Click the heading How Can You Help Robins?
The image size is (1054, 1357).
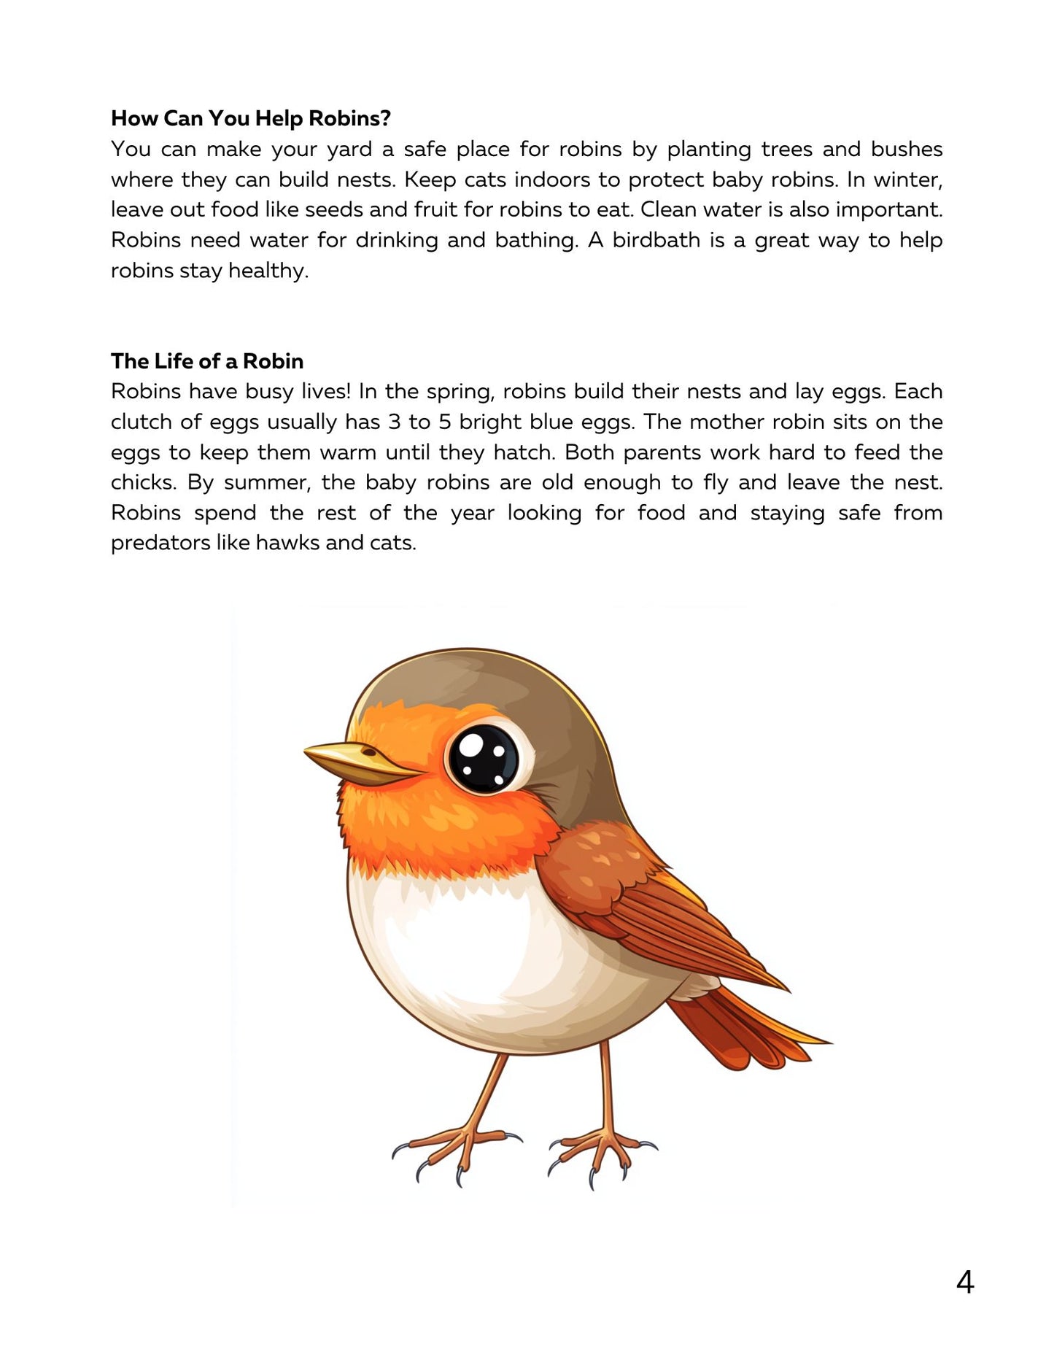point(251,118)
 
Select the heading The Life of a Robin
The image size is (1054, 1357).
point(207,361)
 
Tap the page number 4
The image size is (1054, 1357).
point(964,1282)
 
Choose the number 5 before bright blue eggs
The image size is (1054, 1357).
point(445,422)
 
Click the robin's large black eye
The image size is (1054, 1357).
point(483,758)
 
